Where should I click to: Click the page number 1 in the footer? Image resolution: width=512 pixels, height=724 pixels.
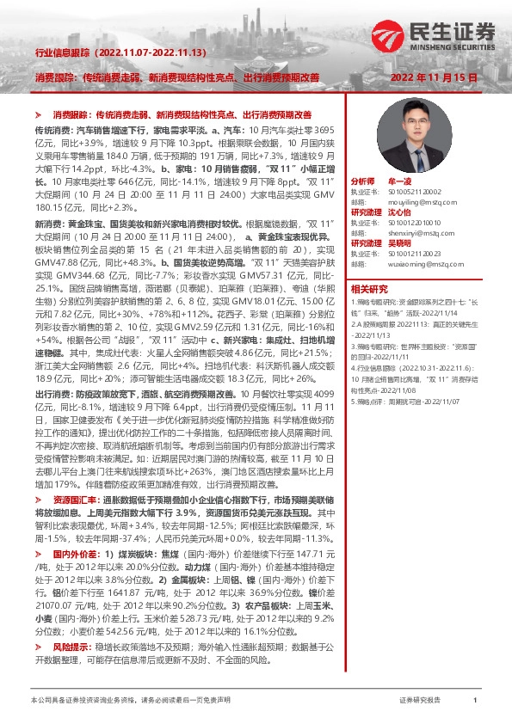[x=475, y=701]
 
